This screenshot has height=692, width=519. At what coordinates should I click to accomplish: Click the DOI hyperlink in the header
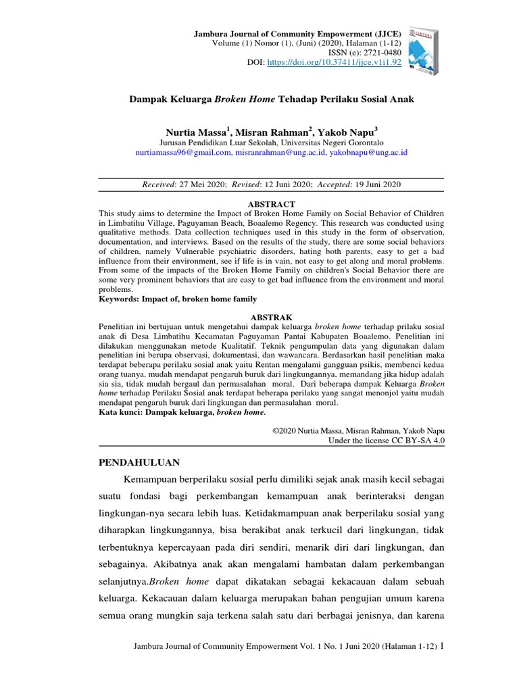click(335, 61)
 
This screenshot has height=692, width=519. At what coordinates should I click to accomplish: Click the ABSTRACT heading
click(272, 204)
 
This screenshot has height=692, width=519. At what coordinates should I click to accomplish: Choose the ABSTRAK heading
click(272, 316)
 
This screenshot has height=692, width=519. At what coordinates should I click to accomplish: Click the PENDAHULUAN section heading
click(140, 462)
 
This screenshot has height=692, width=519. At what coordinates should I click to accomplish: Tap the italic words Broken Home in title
click(243, 99)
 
